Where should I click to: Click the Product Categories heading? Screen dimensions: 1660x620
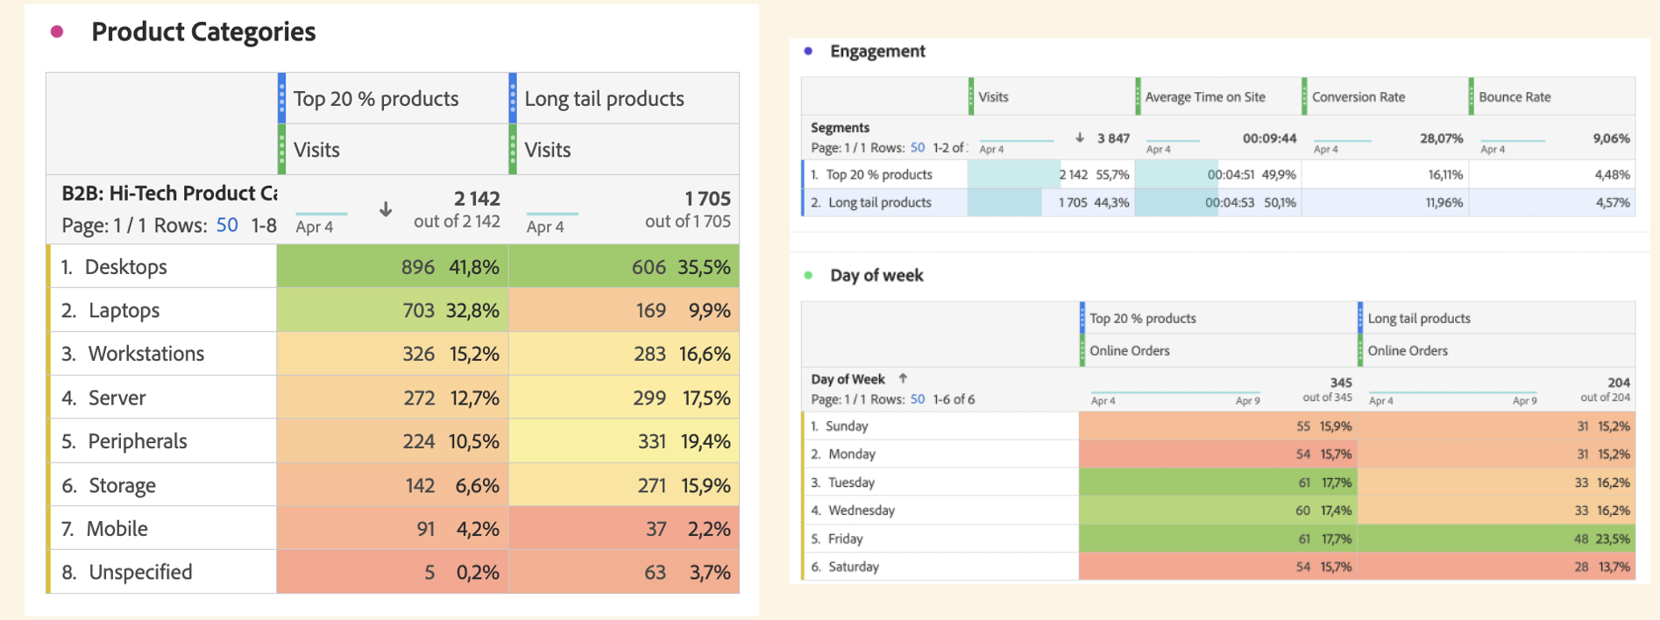click(203, 32)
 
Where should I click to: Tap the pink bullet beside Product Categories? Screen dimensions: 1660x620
click(57, 32)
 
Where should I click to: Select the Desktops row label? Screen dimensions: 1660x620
click(125, 267)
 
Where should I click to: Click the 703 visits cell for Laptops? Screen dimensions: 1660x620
click(418, 311)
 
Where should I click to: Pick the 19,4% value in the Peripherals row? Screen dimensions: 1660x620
click(706, 441)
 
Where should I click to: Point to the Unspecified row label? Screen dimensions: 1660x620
click(140, 573)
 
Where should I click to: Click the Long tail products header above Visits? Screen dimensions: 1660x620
click(604, 99)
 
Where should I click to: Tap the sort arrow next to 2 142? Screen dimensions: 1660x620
click(386, 209)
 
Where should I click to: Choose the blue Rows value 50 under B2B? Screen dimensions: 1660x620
click(227, 225)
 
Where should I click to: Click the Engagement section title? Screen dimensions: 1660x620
click(877, 51)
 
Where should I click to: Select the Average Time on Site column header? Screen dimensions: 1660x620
click(1205, 97)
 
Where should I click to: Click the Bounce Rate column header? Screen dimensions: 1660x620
click(1515, 97)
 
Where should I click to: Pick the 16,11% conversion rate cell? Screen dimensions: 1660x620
click(1445, 174)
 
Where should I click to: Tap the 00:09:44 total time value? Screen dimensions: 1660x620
click(1269, 138)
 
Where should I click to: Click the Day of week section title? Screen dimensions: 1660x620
click(876, 276)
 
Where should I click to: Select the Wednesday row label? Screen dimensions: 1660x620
click(862, 511)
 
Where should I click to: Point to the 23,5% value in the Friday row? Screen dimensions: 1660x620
click(1613, 539)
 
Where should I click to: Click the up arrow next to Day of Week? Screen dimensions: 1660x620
click(903, 378)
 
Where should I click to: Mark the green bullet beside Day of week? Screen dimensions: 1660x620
click(808, 276)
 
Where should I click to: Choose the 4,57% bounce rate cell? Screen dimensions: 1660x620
click(1613, 202)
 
